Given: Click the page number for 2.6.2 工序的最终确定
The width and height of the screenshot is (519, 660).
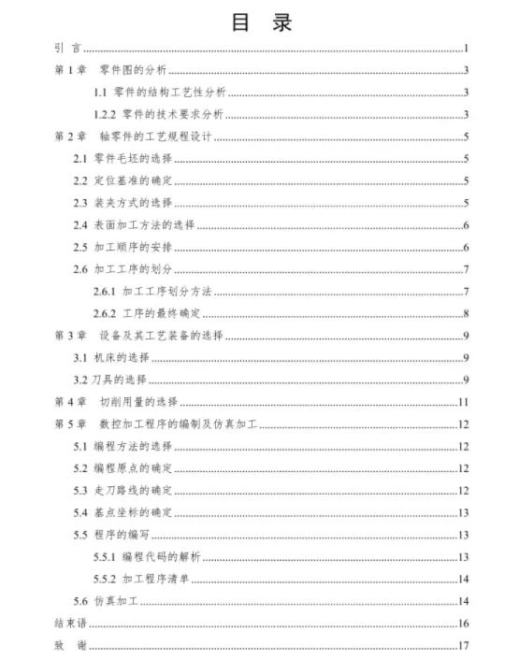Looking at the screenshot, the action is tap(465, 313).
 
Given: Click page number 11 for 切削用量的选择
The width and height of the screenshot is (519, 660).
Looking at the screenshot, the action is tap(462, 403).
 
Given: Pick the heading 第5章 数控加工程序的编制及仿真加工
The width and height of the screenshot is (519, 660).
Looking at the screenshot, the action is tap(155, 425).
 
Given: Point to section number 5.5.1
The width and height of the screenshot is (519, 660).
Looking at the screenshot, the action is tap(105, 557).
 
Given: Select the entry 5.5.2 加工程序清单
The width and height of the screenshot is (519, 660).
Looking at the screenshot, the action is tap(142, 580).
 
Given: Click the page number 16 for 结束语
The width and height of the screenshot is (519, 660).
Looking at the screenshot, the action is tap(463, 624).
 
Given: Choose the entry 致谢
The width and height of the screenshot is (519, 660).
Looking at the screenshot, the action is tap(70, 646).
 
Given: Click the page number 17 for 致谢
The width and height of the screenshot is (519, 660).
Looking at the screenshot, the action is tap(463, 646).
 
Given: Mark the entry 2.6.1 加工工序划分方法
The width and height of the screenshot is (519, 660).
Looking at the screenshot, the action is tap(153, 292).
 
